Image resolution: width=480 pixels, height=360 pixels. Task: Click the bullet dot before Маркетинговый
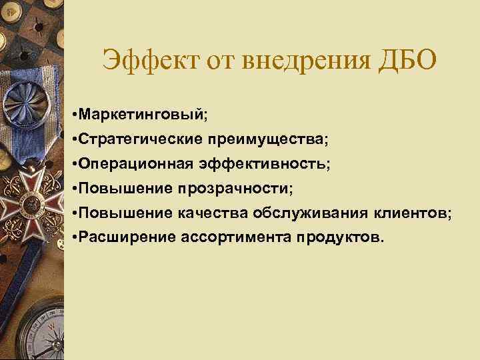[73, 116]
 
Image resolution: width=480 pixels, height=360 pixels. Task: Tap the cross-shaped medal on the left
[29, 196]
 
